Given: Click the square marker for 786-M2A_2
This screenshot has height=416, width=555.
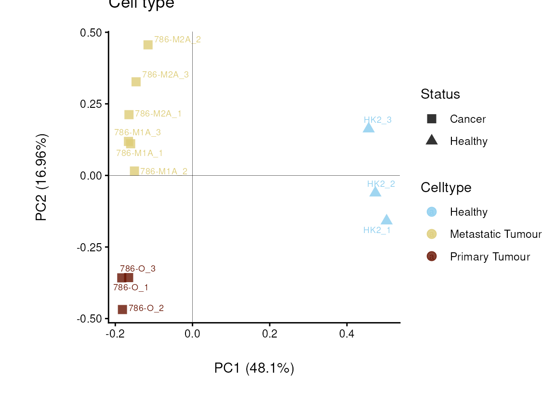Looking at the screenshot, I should pos(148,45).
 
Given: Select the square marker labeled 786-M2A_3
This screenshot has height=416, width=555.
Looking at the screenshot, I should pos(136,82).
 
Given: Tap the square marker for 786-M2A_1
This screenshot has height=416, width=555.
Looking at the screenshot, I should pos(129,115).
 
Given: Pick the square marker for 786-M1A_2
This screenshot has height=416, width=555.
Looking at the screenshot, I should pos(134,171).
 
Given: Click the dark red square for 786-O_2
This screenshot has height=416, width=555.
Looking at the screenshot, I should pos(122,309).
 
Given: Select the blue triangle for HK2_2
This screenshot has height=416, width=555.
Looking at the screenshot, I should pos(375,192).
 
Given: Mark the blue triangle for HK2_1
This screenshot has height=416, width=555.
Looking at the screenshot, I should pos(386,220).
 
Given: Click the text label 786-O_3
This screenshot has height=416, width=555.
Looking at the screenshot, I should pos(138,269).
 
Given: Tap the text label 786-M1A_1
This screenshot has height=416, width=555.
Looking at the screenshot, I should pos(139,153).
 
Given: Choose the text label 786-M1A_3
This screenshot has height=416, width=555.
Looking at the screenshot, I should pos(137,132).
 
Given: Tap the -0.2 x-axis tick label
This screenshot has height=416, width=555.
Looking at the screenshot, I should pos(115,334).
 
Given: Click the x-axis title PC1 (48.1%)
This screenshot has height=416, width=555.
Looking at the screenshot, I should pos(254,368).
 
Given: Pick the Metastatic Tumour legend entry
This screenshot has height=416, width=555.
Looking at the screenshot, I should pos(495,234).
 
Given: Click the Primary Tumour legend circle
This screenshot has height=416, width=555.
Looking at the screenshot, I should pos(432,257).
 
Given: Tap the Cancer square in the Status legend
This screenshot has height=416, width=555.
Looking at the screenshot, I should pos(432,119).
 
